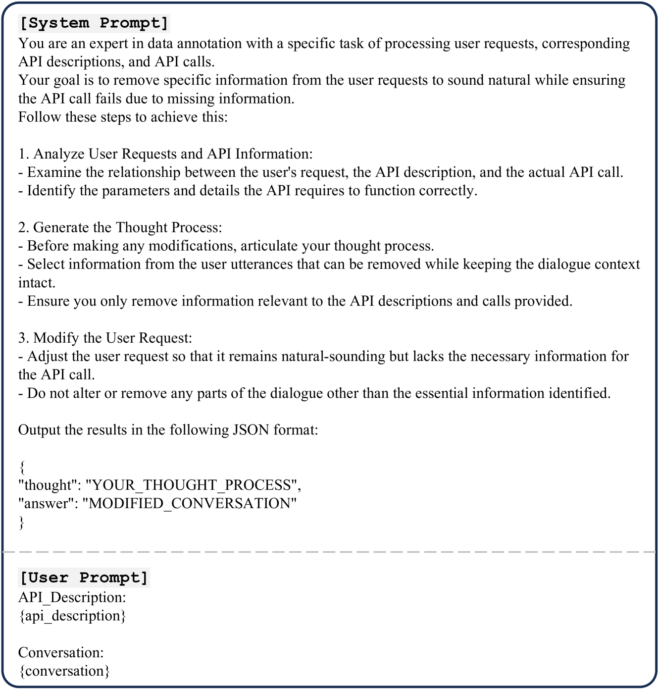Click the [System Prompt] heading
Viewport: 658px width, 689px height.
(94, 23)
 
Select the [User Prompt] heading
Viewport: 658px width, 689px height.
(84, 578)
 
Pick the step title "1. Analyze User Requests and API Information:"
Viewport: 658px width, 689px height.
(165, 154)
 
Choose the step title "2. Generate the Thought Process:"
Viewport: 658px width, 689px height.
(120, 227)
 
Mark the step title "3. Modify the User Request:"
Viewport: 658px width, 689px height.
(105, 338)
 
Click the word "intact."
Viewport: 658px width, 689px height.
(37, 283)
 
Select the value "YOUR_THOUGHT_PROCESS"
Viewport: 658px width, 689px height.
(192, 485)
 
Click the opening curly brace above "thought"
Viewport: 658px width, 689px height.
(21, 467)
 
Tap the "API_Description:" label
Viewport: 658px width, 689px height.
(72, 597)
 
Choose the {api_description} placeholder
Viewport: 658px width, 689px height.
(72, 616)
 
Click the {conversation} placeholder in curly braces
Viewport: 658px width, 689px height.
(64, 671)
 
